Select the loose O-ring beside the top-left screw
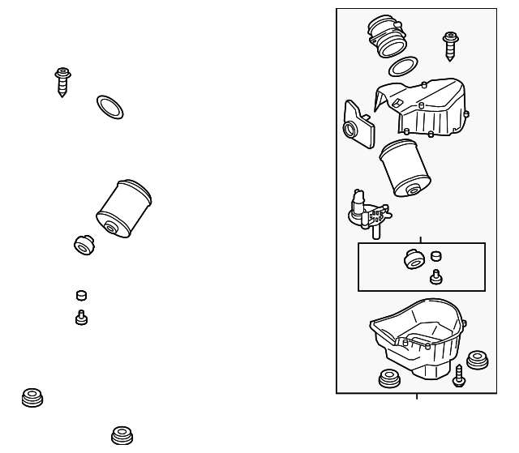click(x=110, y=105)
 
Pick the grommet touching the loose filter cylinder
click(x=84, y=243)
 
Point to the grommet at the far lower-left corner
click(x=33, y=398)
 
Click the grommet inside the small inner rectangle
click(x=414, y=261)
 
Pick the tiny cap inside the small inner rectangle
click(x=435, y=257)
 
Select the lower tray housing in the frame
click(x=418, y=340)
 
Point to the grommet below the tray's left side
click(x=391, y=378)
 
